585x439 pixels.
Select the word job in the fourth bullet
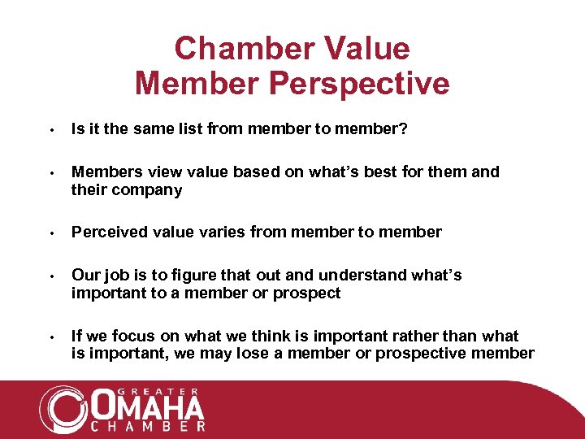pyautogui.click(x=114, y=276)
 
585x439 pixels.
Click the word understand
pyautogui.click(x=365, y=276)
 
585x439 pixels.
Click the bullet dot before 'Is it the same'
pyautogui.click(x=50, y=128)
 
